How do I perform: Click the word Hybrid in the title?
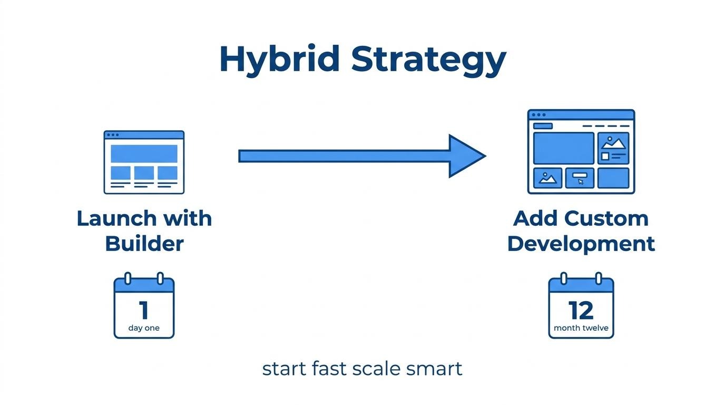[280, 59]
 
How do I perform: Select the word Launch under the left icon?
[117, 218]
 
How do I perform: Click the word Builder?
[144, 244]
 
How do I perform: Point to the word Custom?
[606, 219]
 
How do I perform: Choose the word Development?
[581, 245]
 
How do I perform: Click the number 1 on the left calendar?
[144, 310]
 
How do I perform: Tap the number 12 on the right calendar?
[581, 311]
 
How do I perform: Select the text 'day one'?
[144, 328]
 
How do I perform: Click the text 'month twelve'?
[581, 328]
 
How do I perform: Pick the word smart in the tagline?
[434, 369]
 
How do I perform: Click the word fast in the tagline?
[329, 368]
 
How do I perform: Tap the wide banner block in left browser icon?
[144, 153]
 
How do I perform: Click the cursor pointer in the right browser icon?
[581, 182]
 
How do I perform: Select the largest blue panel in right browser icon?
[563, 148]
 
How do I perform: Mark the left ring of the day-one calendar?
[128, 278]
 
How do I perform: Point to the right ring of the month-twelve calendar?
[599, 278]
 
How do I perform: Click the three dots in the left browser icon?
[113, 135]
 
